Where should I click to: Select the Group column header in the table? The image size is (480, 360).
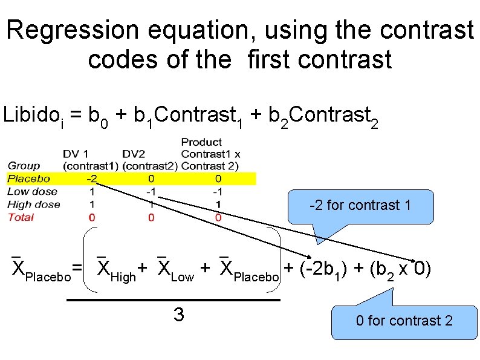tap(24, 166)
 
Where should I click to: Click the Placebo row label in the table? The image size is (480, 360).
tap(28, 178)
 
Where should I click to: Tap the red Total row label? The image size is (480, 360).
tap(21, 217)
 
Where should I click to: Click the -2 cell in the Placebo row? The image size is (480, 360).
tap(91, 178)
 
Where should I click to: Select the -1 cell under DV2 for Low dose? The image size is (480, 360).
tap(151, 191)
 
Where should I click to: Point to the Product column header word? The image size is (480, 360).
tap(201, 142)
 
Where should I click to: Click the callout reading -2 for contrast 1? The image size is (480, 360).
tap(360, 205)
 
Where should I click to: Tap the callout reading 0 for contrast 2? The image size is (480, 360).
tap(403, 320)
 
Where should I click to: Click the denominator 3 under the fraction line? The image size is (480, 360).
tap(178, 315)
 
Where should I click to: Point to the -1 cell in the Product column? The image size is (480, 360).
tap(218, 191)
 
